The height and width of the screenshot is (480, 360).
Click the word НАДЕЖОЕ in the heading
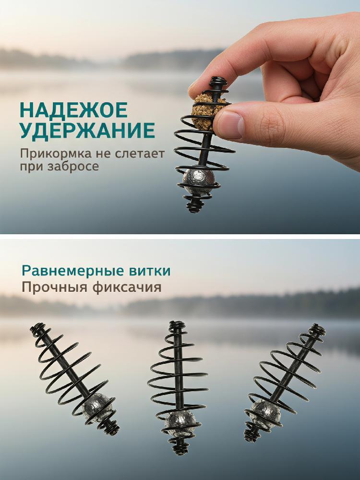tap(74, 110)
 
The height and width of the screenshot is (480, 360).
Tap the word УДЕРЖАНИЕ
tap(87, 131)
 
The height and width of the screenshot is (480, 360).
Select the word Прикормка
tap(56, 154)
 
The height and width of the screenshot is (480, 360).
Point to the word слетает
tap(140, 154)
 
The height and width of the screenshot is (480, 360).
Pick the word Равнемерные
tap(71, 271)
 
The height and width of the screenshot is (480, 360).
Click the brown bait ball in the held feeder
tap(204, 111)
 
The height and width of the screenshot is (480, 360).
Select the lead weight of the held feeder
tap(198, 181)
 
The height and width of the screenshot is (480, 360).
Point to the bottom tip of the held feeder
tap(193, 211)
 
